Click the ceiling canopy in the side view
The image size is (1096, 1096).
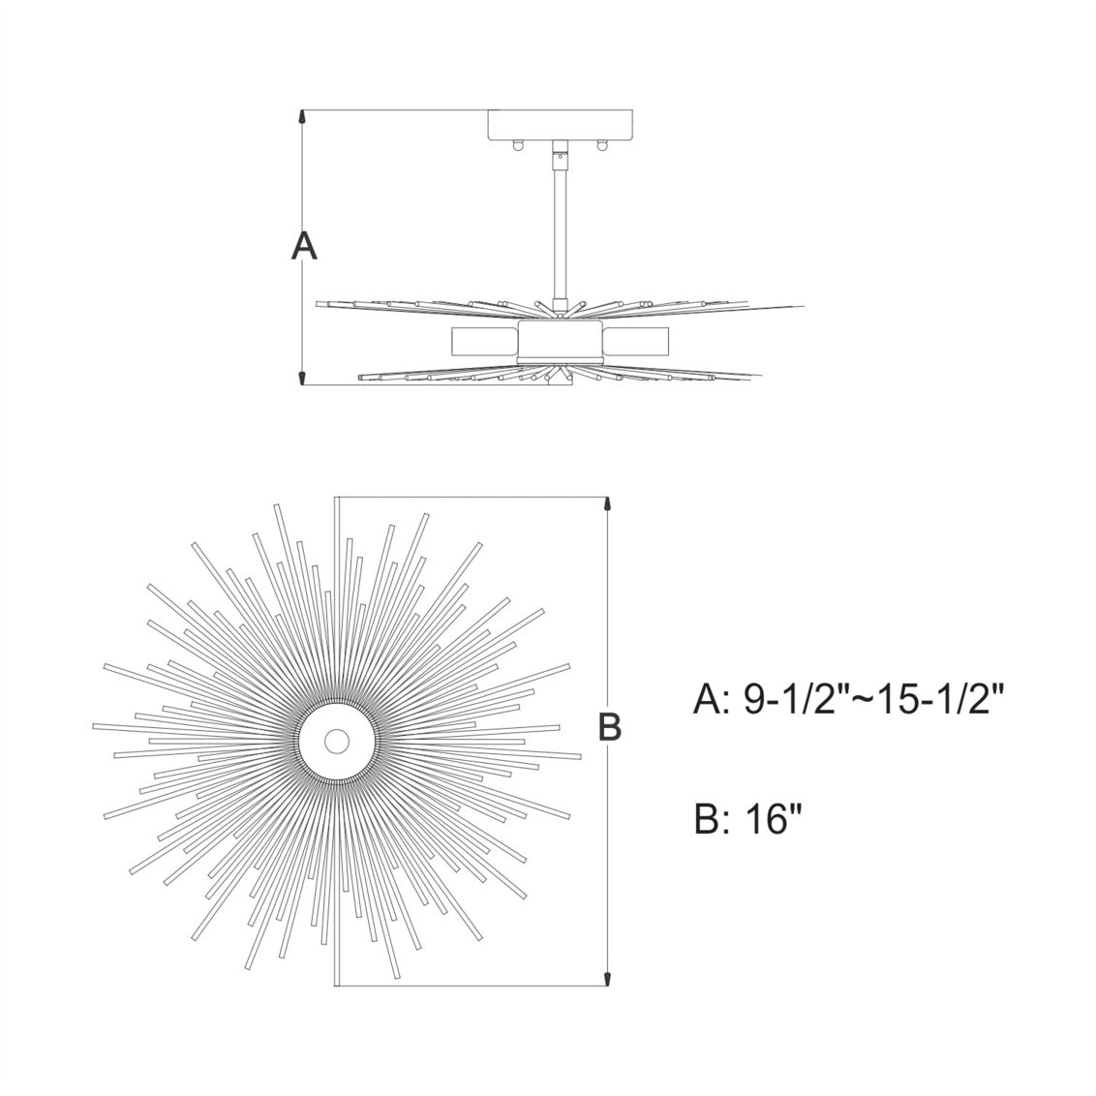coord(561,125)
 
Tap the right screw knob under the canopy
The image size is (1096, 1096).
coord(603,145)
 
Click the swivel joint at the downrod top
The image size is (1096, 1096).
coord(561,153)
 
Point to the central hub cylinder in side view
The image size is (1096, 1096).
coord(561,341)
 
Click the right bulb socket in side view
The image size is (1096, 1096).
coord(637,341)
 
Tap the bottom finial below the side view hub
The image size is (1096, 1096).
coord(561,380)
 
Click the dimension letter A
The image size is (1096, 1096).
coord(304,247)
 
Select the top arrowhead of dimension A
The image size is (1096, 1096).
coord(304,117)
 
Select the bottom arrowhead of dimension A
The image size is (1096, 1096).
coord(304,377)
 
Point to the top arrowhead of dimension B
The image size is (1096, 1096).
coord(607,505)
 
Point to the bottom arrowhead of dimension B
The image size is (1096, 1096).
coord(607,979)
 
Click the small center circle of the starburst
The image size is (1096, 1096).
coord(337,742)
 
